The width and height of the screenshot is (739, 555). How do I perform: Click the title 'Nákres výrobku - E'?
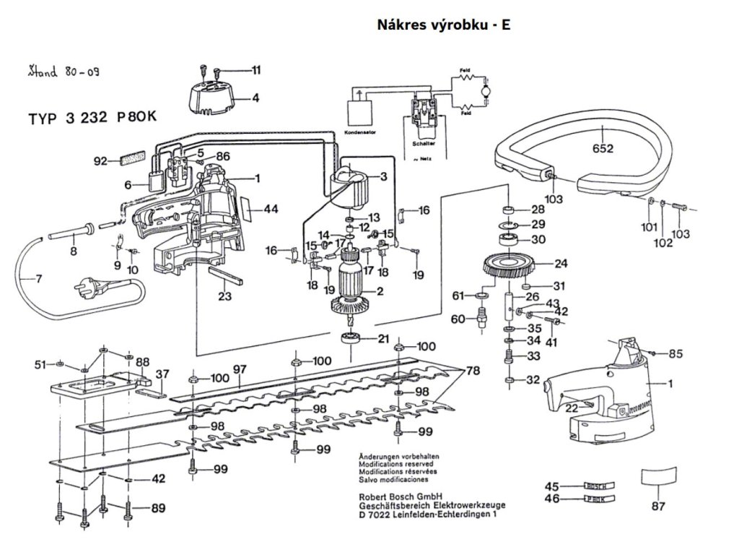[x=444, y=25]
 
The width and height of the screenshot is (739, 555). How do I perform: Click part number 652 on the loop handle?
[x=603, y=150]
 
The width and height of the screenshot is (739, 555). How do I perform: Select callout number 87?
[x=657, y=507]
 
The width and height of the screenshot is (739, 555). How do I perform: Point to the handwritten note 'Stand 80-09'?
[x=64, y=72]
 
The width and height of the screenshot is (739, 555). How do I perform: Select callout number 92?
[x=100, y=161]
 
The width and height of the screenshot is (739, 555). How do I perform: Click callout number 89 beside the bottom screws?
[x=159, y=508]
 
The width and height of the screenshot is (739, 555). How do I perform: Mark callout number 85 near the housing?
[x=675, y=354]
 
